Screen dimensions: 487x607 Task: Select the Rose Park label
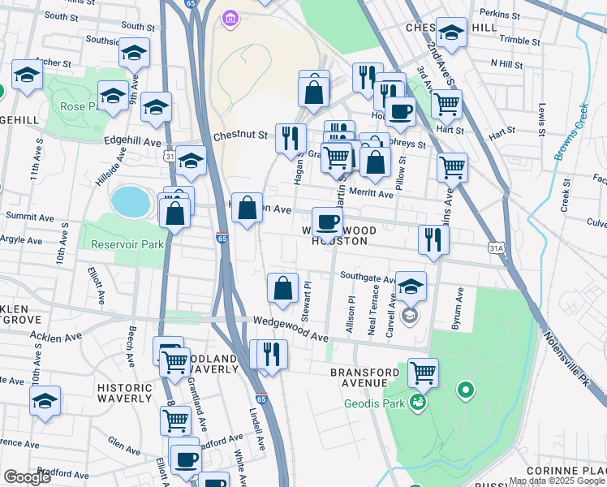[x=78, y=106]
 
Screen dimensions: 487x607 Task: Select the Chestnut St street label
[x=240, y=136]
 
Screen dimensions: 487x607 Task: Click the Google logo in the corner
[x=27, y=477]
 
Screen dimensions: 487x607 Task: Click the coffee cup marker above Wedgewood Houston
[x=328, y=222]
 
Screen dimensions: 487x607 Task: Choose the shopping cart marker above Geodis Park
[x=423, y=373]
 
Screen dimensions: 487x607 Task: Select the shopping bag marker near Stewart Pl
[x=282, y=289]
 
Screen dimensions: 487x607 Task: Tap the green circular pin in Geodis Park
[x=465, y=392]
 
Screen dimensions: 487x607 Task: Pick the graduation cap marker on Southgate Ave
[x=411, y=286]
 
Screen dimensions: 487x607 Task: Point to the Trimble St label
[x=519, y=39]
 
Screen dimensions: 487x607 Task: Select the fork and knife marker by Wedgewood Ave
[x=271, y=354]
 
